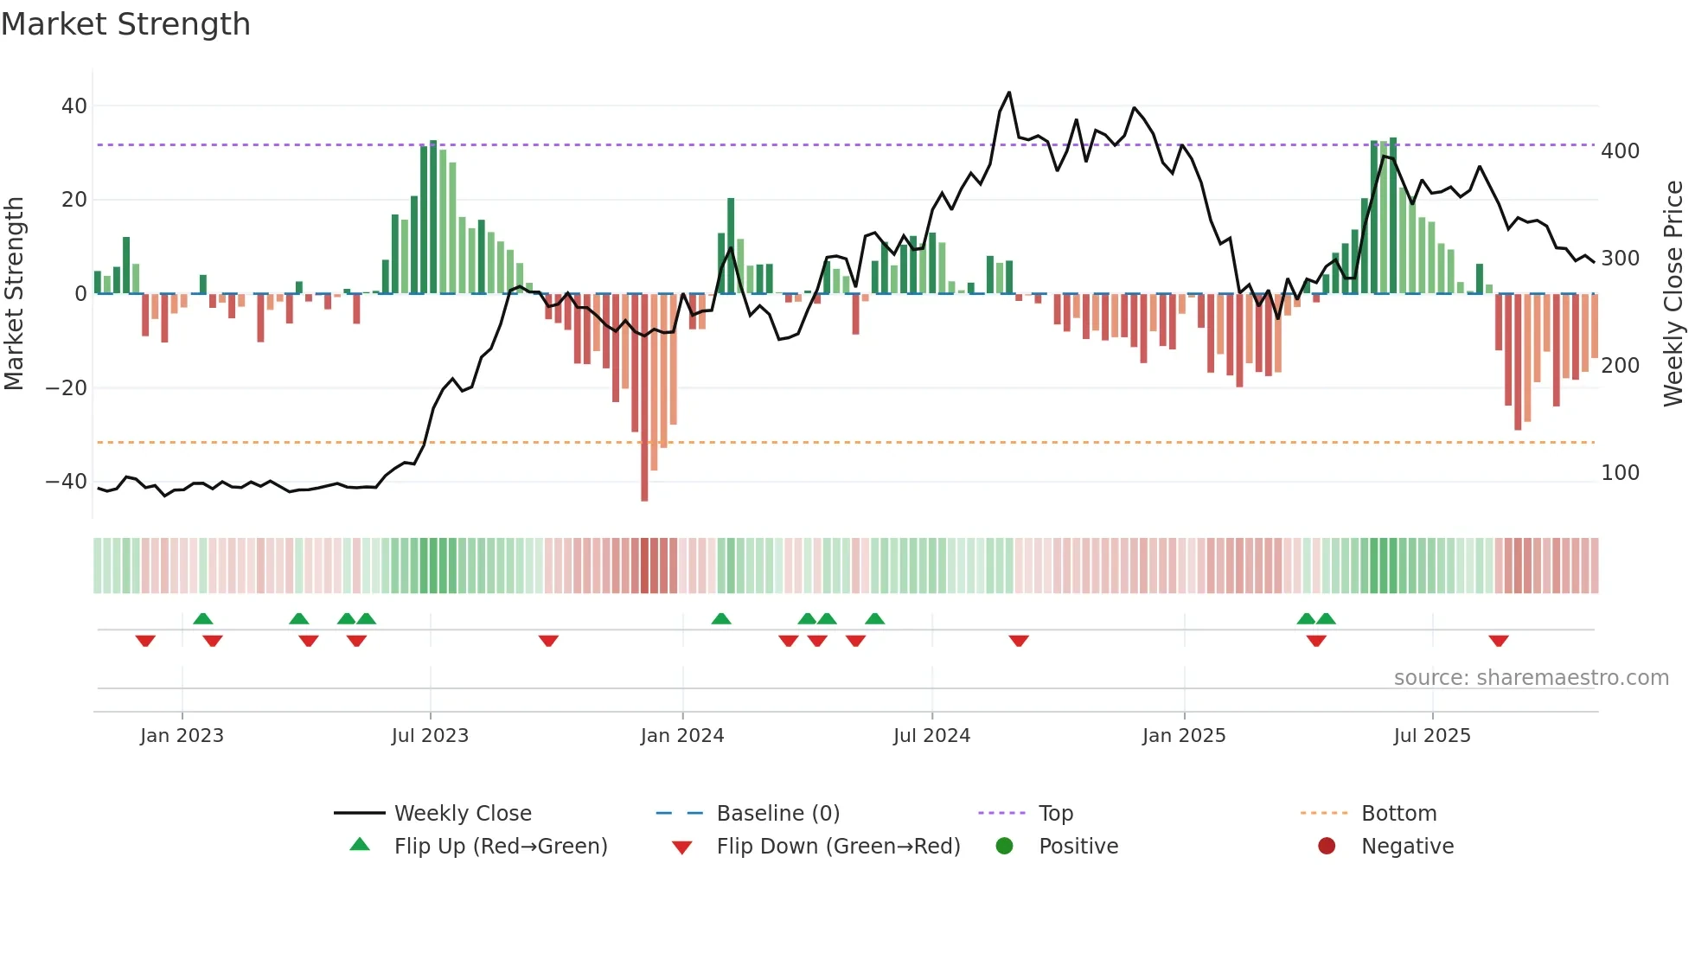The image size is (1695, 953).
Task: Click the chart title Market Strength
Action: pyautogui.click(x=125, y=24)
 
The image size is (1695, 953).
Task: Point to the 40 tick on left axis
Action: pyautogui.click(x=74, y=106)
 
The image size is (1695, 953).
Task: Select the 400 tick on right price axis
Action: pyautogui.click(x=1620, y=151)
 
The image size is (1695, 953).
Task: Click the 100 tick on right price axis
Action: pyautogui.click(x=1620, y=473)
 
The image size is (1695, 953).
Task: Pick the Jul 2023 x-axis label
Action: pyautogui.click(x=430, y=736)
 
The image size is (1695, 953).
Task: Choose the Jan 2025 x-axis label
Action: pyautogui.click(x=1183, y=736)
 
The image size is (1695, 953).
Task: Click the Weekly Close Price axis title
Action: pyautogui.click(x=1674, y=294)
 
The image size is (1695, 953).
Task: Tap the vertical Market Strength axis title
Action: pyautogui.click(x=15, y=294)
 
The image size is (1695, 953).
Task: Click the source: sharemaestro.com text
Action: pyautogui.click(x=1531, y=678)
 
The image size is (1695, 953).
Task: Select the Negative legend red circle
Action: pyautogui.click(x=1327, y=847)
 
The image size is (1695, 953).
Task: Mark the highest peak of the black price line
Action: pyautogui.click(x=1008, y=93)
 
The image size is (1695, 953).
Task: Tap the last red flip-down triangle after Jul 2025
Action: pyautogui.click(x=1499, y=641)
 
